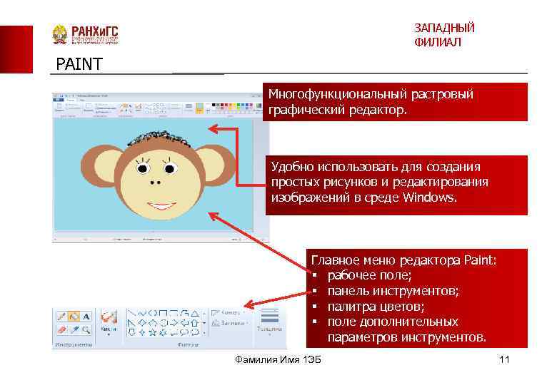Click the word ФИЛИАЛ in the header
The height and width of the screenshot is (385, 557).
coord(437,43)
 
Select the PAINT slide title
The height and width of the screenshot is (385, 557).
coord(79,65)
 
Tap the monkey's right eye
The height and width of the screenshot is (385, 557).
coord(169,168)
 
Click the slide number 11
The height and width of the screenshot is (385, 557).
coord(504,359)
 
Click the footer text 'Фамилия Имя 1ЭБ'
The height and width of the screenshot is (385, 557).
coord(278,359)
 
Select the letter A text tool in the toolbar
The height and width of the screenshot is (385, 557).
coord(86,316)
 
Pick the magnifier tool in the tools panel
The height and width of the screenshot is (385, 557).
coord(86,329)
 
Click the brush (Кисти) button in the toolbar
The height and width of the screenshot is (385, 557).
coord(109,320)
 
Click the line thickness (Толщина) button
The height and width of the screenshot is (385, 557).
coord(271,320)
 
